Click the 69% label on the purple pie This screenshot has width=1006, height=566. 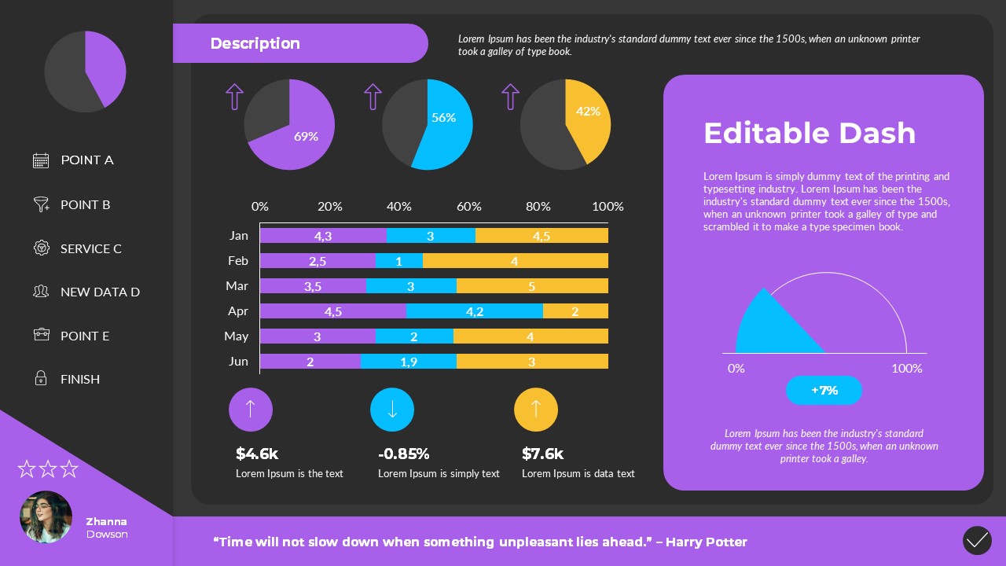306,136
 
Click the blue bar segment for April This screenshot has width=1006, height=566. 474,311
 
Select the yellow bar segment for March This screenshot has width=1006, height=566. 532,286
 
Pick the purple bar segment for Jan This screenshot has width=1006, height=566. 323,236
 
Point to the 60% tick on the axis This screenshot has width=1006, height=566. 468,207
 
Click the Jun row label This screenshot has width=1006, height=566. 237,362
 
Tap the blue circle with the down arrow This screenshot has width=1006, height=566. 392,410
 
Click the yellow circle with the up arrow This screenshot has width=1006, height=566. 536,410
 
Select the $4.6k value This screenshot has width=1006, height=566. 257,454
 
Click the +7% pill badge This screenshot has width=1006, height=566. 824,390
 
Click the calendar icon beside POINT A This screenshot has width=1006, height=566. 41,160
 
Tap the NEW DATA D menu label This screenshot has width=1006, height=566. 100,292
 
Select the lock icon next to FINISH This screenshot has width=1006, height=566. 41,379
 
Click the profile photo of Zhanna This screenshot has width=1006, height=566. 46,516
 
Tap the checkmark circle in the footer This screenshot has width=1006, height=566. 977,541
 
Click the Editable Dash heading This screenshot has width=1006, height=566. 810,133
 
